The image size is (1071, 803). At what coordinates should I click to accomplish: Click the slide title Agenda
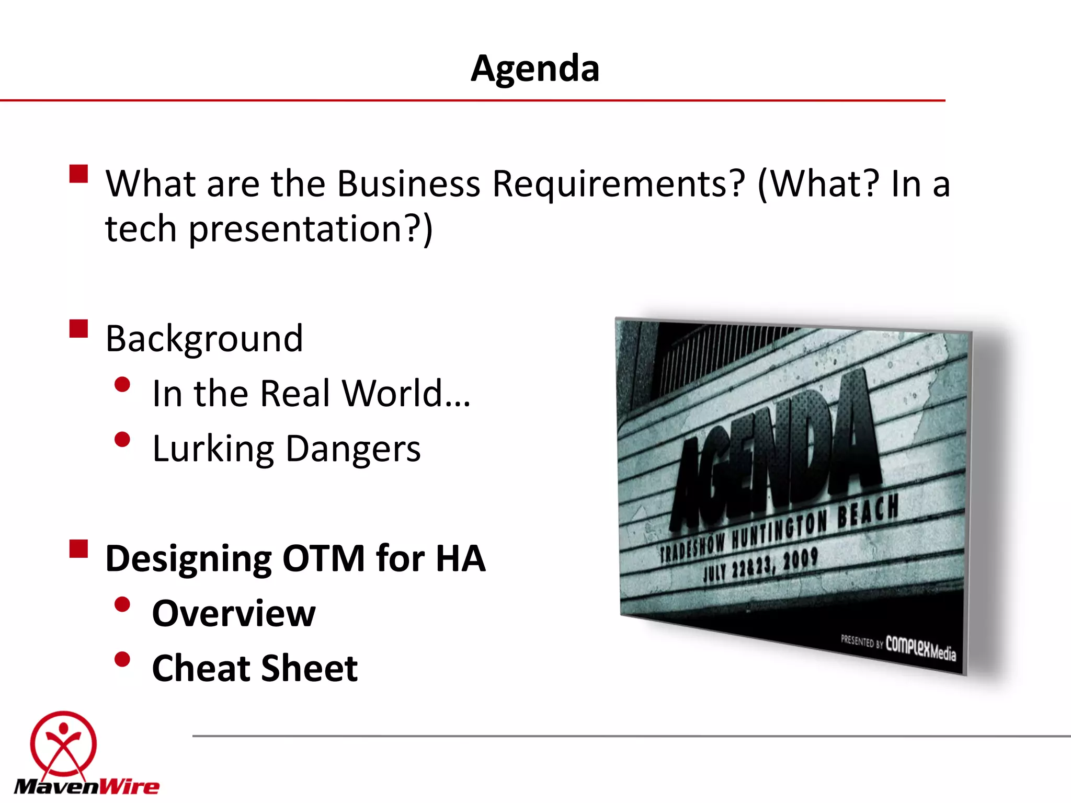535,68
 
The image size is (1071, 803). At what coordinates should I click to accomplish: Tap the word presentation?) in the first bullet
311,229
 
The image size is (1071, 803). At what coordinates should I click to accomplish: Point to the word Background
204,339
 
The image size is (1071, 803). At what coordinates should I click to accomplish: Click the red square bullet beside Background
78,329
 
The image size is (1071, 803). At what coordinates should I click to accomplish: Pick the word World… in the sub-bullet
406,393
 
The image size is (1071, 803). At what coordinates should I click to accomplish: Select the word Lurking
213,449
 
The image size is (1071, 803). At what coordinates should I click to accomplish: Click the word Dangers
353,449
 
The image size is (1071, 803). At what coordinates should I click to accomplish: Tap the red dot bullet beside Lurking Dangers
122,440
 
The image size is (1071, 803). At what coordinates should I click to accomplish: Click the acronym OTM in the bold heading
324,558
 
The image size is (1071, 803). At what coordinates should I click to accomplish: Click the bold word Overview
234,613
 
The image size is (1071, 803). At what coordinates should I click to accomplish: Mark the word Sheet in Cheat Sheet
309,668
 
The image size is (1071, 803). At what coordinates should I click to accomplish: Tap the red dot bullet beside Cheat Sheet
122,659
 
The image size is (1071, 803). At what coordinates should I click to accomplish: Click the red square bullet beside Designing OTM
78,549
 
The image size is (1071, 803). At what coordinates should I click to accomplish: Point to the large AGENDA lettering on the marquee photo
774,450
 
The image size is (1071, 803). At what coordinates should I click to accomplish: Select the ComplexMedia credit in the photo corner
920,648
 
